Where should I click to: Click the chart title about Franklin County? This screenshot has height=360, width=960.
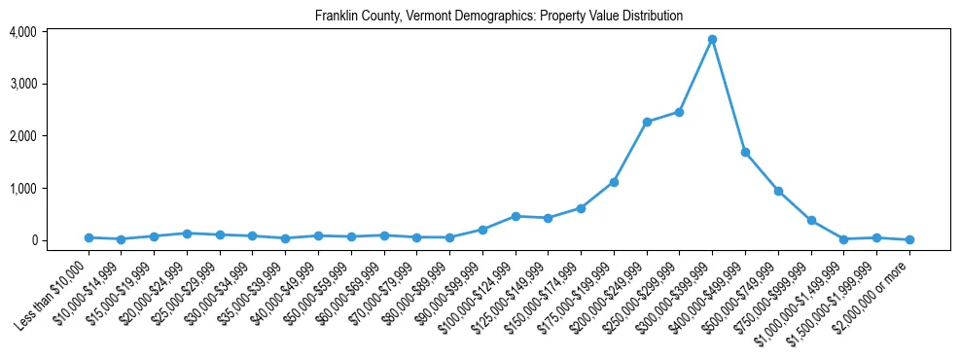499,17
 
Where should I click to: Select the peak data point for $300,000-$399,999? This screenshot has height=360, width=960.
712,39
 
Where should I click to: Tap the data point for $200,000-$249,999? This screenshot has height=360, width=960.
647,122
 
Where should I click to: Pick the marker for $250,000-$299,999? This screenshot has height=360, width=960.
679,112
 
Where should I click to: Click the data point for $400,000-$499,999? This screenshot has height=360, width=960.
745,152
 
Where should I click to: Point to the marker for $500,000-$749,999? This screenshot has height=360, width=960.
778,191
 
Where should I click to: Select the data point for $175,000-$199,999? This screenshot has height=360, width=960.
614,182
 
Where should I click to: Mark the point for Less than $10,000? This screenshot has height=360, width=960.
89,237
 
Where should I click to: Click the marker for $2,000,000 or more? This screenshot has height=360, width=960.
909,239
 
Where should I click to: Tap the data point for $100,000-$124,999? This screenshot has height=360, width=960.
516,216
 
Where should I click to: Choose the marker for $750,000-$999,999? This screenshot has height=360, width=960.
811,220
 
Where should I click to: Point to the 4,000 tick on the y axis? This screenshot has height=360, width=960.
23,32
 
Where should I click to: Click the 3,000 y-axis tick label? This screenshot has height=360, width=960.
23,84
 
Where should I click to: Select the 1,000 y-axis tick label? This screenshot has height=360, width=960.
23,188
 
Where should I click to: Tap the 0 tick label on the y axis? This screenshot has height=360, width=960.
32,240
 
